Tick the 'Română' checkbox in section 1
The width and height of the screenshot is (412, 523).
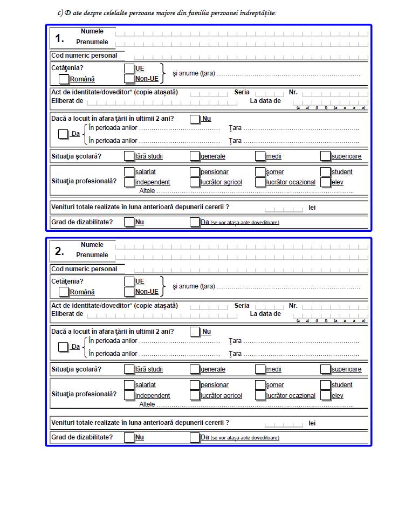(64, 79)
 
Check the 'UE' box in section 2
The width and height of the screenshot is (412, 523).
(129, 281)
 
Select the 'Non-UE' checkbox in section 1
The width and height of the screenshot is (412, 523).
(129, 79)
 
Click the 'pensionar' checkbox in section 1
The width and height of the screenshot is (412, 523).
(195, 171)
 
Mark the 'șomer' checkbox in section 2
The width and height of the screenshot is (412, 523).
(260, 385)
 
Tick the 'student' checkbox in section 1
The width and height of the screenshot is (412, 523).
(325, 171)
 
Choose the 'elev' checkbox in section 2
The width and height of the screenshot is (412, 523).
(325, 395)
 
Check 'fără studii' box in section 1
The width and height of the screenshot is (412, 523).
(129, 156)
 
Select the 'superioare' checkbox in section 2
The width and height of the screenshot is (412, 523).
(325, 369)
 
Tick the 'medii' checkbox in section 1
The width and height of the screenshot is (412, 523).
(260, 156)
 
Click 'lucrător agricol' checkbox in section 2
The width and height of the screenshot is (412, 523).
(195, 395)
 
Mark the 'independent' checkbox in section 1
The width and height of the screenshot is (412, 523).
(129, 182)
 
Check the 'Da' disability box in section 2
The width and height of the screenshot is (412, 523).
(195, 437)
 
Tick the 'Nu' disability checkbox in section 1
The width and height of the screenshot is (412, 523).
(129, 222)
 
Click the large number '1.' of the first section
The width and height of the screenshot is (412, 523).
(60, 38)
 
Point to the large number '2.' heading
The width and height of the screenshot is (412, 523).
(60, 251)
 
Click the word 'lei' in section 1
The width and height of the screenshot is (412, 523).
(312, 208)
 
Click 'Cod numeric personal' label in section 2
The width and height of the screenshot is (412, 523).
(84, 269)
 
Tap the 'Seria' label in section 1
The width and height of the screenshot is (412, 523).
(242, 92)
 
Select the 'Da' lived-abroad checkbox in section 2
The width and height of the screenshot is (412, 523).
(64, 347)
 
